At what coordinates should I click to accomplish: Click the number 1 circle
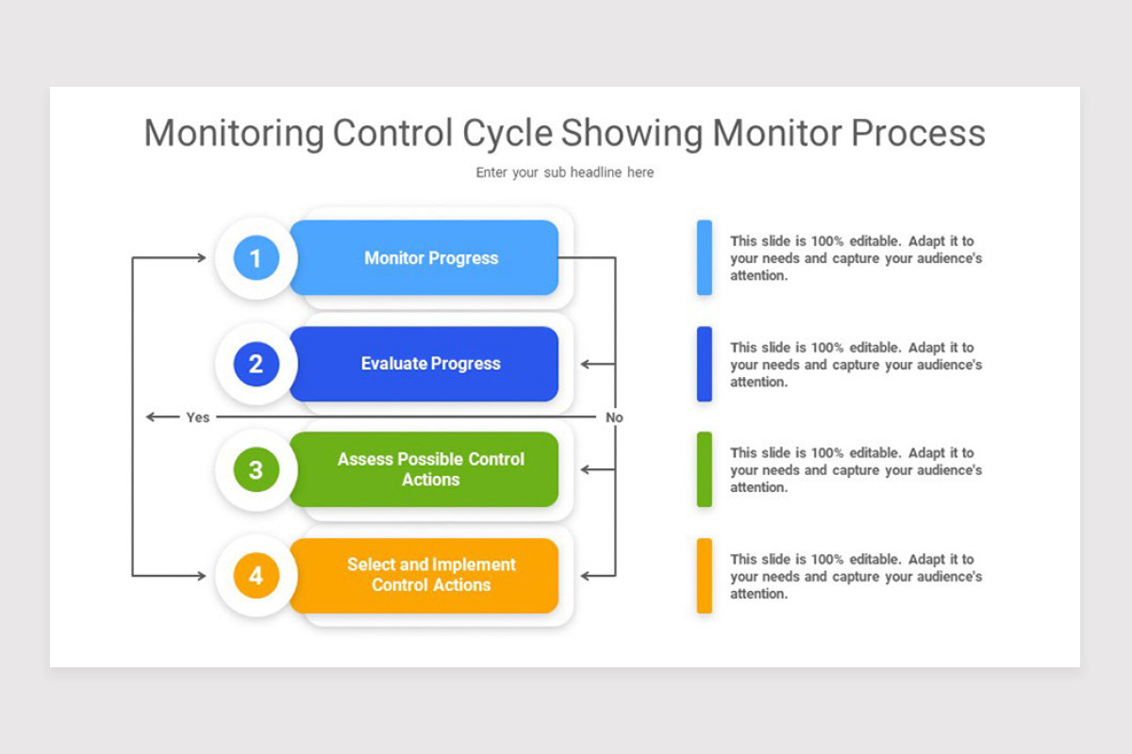[x=257, y=258]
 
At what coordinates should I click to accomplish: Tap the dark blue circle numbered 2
[x=257, y=364]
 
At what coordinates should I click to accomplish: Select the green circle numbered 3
[x=257, y=469]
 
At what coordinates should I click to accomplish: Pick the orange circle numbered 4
[x=257, y=575]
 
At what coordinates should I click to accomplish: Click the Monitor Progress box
[x=430, y=258]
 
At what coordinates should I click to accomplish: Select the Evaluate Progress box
[x=430, y=364]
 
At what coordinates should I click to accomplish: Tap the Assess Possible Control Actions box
[x=430, y=469]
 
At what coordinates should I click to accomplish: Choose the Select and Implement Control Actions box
[x=430, y=575]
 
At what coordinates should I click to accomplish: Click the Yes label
[x=198, y=418]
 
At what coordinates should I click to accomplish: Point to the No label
[x=614, y=418]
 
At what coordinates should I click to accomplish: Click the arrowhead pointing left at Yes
[x=150, y=417]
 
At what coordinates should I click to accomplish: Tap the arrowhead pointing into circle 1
[x=201, y=257]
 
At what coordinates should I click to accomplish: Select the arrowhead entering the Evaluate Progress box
[x=585, y=364]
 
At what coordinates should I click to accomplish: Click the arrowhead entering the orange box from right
[x=585, y=575]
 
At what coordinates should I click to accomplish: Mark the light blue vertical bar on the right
[x=704, y=258]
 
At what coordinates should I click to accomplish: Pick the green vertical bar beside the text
[x=704, y=469]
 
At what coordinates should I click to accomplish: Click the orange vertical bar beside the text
[x=704, y=575]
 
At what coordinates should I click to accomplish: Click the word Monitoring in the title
[x=233, y=133]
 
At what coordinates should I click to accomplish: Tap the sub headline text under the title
[x=564, y=172]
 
